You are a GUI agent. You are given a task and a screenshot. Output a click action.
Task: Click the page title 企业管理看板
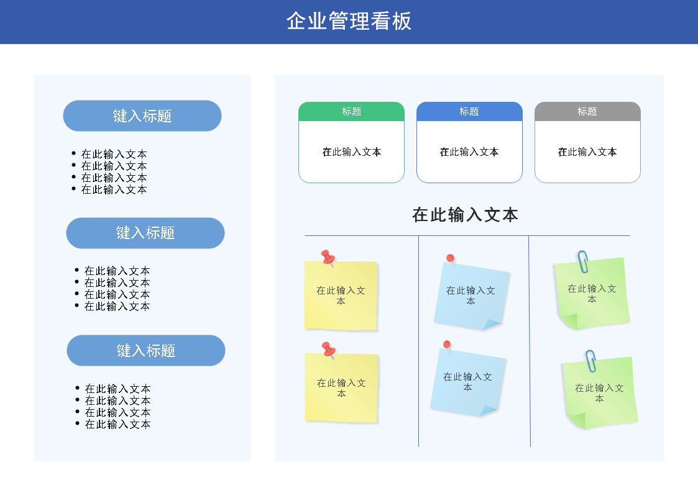(x=349, y=21)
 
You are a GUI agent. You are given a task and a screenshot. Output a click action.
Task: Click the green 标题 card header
(x=351, y=112)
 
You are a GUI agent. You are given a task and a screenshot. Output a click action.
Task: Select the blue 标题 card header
(x=469, y=112)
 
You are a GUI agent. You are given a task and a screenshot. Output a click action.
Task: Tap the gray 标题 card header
(x=587, y=112)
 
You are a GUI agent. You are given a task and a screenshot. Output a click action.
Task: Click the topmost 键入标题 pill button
(x=142, y=116)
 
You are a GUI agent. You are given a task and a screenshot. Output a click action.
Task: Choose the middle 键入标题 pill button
(x=145, y=233)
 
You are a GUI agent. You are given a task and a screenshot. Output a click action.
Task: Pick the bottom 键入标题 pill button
(x=146, y=351)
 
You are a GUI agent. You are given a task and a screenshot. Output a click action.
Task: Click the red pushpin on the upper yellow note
(x=328, y=257)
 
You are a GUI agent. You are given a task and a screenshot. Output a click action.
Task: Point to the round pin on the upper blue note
(x=451, y=259)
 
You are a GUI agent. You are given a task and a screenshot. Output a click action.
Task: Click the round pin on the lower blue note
(x=447, y=345)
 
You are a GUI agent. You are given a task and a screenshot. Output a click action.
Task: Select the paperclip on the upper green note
(x=583, y=261)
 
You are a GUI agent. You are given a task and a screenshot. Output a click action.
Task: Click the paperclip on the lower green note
(x=591, y=361)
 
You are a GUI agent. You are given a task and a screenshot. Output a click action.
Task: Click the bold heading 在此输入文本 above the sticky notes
(x=465, y=215)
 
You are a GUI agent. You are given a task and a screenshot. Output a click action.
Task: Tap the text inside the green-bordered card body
(x=351, y=152)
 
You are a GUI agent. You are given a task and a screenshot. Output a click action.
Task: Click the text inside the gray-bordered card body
(x=587, y=152)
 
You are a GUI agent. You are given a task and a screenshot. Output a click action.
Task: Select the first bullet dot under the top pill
(x=74, y=153)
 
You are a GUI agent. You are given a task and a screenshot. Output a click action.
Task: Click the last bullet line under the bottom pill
(x=117, y=425)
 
